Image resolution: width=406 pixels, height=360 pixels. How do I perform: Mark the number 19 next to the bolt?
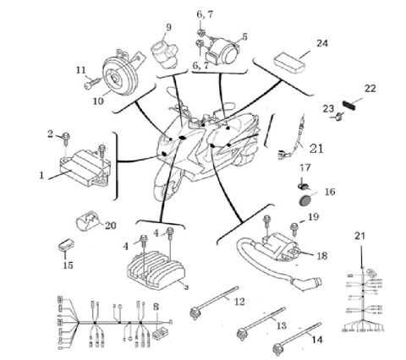pos(313,217)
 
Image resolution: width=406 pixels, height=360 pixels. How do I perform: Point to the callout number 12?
pos(240,301)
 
